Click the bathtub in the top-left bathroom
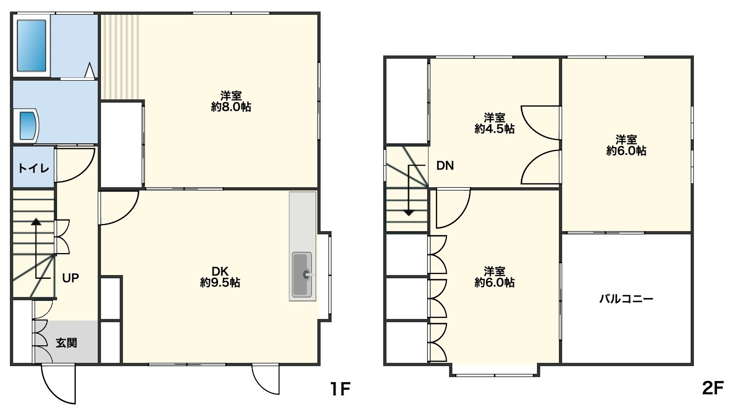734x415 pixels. point(32,46)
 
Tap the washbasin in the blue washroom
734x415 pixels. point(27,126)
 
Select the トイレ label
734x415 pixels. point(33,169)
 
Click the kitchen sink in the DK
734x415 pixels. point(302,274)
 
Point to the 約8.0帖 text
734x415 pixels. point(231,107)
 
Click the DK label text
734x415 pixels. point(220,271)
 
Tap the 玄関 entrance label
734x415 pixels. point(66,343)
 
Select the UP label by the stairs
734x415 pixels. point(70,278)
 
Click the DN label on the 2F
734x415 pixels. point(445,166)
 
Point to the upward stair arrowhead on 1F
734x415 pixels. point(36,222)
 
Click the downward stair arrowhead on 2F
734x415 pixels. point(409,212)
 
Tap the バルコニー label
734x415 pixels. point(626,299)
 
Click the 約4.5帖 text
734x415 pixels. point(495,129)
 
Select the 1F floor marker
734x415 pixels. point(340,389)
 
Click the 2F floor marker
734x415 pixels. point(713,389)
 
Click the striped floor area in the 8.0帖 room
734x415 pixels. point(120,57)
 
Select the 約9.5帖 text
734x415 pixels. point(220,283)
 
